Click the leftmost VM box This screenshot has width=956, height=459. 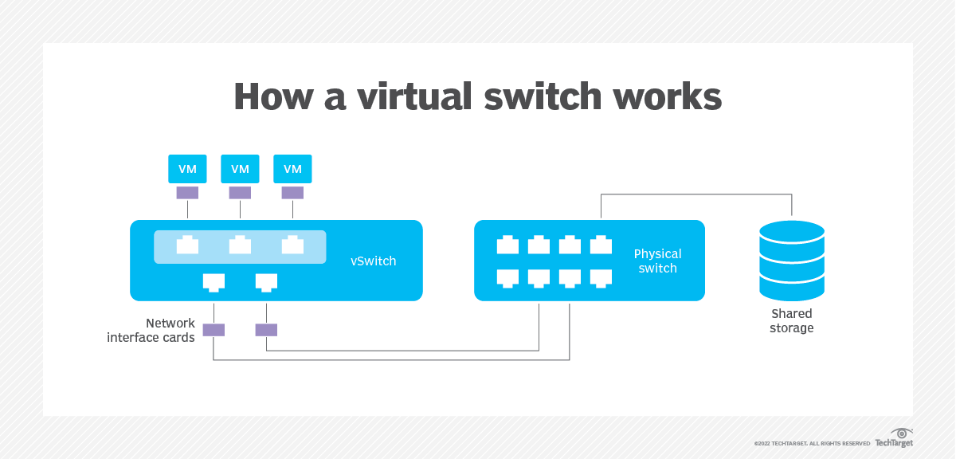tap(187, 169)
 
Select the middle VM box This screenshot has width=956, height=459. tap(240, 169)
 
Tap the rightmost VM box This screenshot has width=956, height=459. tap(292, 169)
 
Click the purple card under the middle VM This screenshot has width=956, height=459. tap(240, 193)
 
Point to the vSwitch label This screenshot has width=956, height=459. tap(373, 261)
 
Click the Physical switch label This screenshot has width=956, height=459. tap(657, 261)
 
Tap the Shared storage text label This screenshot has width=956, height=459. tap(791, 321)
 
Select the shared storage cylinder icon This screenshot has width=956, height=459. tap(791, 261)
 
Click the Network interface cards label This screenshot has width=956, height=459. tap(151, 330)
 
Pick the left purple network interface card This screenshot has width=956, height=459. tap(214, 330)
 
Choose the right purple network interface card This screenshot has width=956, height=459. tap(266, 330)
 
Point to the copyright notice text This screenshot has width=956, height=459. tap(812, 443)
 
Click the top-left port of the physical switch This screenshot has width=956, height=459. tap(507, 245)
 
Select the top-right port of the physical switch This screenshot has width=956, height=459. tap(601, 245)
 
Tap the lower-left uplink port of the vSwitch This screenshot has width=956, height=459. tap(214, 281)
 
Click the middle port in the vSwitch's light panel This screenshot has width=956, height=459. tap(240, 245)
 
